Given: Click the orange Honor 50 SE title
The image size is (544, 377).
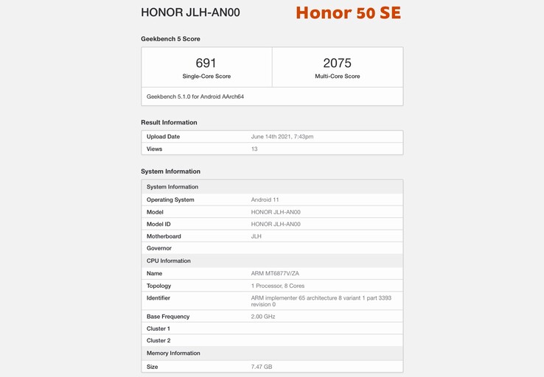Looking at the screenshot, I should coord(348,13).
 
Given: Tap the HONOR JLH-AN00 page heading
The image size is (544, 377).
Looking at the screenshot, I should coord(190,13).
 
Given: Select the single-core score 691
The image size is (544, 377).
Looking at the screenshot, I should coord(206,64).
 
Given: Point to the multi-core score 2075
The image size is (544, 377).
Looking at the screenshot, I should coord(337,64).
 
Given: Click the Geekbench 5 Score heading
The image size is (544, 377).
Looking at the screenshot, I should coord(170,39).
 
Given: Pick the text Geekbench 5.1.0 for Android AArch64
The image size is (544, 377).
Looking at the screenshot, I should coord(195,96).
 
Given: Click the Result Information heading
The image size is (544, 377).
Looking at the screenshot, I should coord(169,122).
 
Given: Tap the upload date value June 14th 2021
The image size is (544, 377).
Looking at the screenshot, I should coord(282,137).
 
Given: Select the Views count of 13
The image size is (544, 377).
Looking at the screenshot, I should coord(254,149).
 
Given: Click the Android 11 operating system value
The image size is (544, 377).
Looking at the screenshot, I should coord(265,200).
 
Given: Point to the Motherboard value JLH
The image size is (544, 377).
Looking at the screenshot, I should coord(257,236).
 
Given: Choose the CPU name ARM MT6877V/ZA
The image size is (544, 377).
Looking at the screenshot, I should coord(275,273).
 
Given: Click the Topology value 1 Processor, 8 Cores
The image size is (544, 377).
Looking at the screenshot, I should coord(278,286).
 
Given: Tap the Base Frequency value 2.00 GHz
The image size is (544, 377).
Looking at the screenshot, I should coord(263,317).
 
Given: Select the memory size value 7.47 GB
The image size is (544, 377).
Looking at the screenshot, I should coord(262,367).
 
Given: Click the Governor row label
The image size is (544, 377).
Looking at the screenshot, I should coord(159,248).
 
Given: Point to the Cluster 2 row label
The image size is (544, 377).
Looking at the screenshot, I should coord(158,341).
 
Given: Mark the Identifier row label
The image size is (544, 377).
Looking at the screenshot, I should coord(158,298).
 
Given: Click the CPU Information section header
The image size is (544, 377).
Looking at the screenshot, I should coord(169,261).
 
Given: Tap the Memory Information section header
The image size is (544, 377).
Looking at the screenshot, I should coord(173,353).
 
